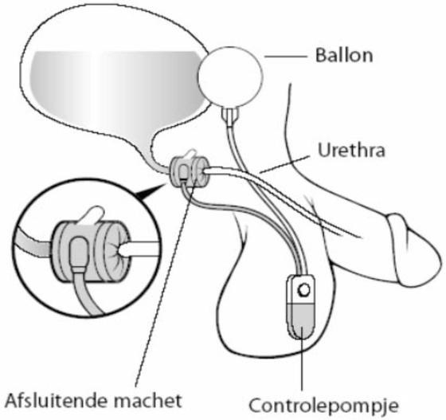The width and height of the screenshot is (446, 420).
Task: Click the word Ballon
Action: (x=344, y=56)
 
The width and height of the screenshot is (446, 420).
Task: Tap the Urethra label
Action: (x=351, y=151)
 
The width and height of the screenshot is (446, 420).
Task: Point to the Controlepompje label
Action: (x=323, y=406)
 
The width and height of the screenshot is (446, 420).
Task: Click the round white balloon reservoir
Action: (x=230, y=77)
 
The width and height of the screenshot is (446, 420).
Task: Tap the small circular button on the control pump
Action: (x=303, y=291)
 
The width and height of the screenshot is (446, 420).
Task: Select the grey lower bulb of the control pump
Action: (x=302, y=320)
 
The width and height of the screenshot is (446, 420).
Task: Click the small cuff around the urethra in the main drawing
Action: (x=189, y=171)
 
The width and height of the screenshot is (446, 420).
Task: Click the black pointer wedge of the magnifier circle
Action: (x=151, y=191)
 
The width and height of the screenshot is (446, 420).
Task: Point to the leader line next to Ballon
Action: (x=286, y=57)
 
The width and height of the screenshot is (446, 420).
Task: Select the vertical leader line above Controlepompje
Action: (x=302, y=360)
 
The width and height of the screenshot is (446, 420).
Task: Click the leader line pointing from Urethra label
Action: (x=285, y=164)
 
